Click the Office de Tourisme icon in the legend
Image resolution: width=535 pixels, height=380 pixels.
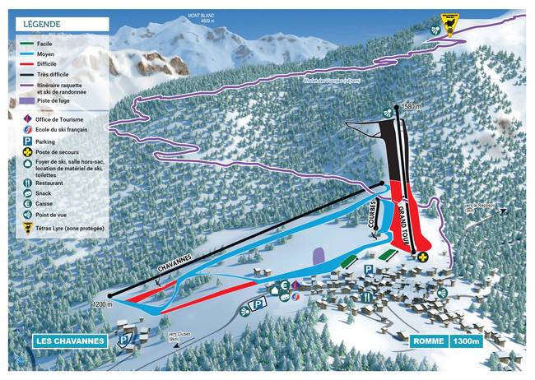click(x=28, y=120)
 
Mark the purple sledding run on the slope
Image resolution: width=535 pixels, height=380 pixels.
click(x=318, y=256)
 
